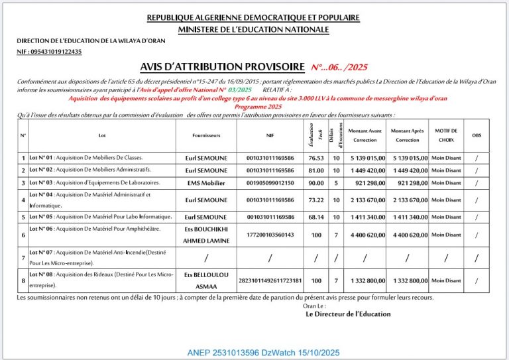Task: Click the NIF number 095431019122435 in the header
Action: click(x=49, y=52)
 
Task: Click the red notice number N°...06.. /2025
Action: click(x=339, y=67)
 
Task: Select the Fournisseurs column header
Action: click(x=207, y=135)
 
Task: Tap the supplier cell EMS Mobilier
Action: click(x=207, y=183)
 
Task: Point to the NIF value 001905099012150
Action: click(x=270, y=183)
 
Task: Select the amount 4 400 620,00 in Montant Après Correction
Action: click(x=408, y=235)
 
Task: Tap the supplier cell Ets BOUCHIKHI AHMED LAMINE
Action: click(x=207, y=235)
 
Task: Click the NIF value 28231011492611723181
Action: click(x=270, y=280)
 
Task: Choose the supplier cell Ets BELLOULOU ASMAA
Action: click(x=207, y=280)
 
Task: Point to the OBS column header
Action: click(x=477, y=135)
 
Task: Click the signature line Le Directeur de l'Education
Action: click(x=348, y=314)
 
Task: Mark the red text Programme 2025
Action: click(x=258, y=107)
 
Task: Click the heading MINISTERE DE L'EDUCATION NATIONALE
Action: click(x=254, y=29)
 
